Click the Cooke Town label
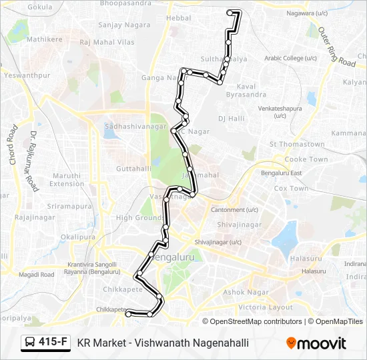pos(306,160)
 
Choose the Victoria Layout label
pos(266,307)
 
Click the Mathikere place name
pos(44,39)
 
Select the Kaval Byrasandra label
pos(246,91)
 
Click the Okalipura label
pos(77,237)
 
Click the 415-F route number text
pos(53,343)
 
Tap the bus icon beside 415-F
pos(30,343)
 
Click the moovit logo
pos(316,343)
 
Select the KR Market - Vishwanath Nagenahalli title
pos(163,343)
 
